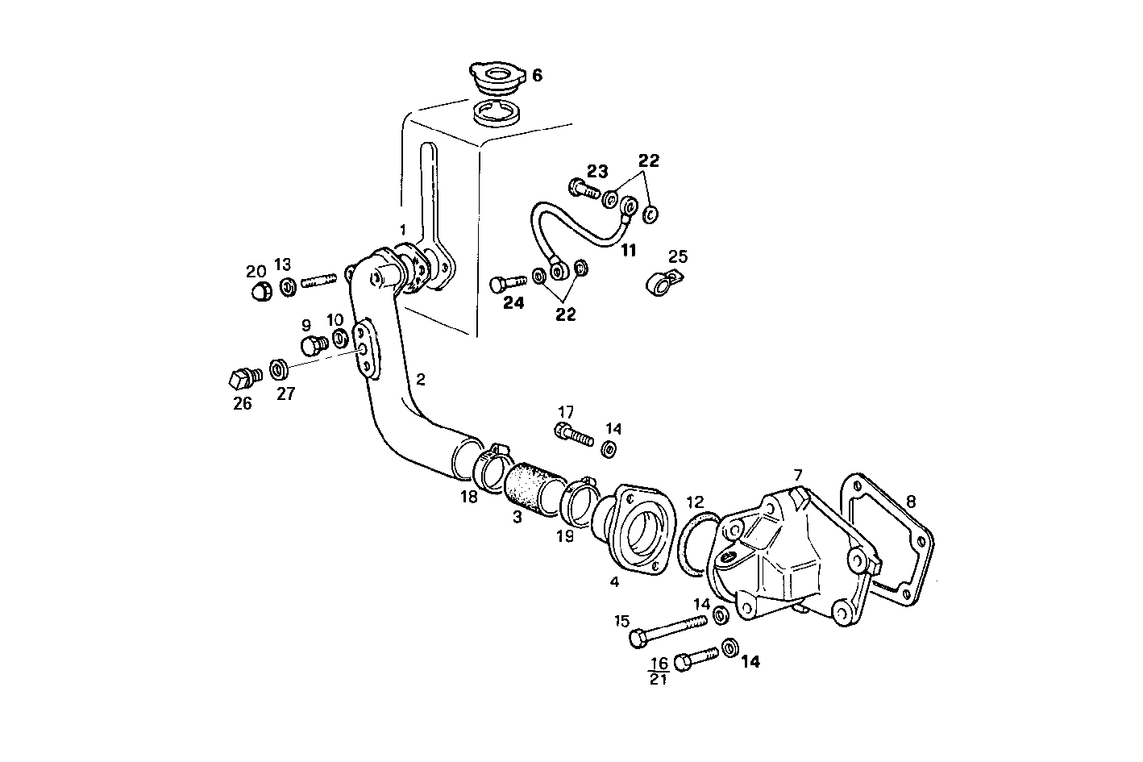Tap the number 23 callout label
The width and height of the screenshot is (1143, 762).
[x=597, y=171]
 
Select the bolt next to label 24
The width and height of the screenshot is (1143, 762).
[x=507, y=283]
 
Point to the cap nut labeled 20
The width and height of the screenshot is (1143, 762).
[x=260, y=292]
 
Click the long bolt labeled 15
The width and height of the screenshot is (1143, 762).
[x=668, y=630]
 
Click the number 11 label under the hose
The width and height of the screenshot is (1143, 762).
[x=628, y=250]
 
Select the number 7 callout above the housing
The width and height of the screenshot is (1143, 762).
[x=797, y=475]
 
